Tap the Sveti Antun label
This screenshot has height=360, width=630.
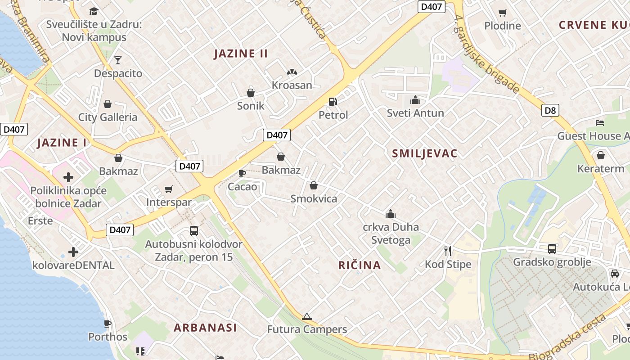(x=415, y=113)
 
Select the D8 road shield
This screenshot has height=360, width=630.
(x=550, y=110)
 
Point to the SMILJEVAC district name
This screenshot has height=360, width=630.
(x=424, y=153)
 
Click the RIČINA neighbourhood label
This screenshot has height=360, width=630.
(x=360, y=265)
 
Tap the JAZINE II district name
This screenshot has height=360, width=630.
(x=241, y=54)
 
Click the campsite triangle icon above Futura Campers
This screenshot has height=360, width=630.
(x=307, y=317)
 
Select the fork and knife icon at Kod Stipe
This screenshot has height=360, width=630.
(x=448, y=251)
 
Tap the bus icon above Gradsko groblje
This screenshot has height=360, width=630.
(x=552, y=248)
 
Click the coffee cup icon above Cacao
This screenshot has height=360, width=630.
(x=242, y=173)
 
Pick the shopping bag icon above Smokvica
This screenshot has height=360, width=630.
(x=314, y=185)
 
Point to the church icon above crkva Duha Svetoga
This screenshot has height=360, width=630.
(x=391, y=214)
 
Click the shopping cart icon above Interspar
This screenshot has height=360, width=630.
(x=169, y=189)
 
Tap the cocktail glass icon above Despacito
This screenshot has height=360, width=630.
(x=118, y=60)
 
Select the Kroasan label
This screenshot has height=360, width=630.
(x=292, y=85)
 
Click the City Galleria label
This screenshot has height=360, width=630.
(x=108, y=117)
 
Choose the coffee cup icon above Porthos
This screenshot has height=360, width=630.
(x=108, y=324)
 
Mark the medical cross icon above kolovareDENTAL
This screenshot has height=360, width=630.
(x=73, y=252)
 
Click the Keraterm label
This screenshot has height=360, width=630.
(x=601, y=169)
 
